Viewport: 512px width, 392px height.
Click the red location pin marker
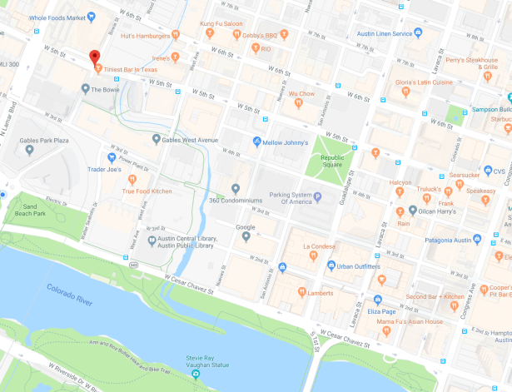click(x=94, y=57)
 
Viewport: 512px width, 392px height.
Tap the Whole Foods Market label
click(x=61, y=17)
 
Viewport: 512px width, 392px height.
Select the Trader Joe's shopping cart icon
click(x=110, y=157)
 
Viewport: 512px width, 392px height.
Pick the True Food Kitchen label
click(x=147, y=191)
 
